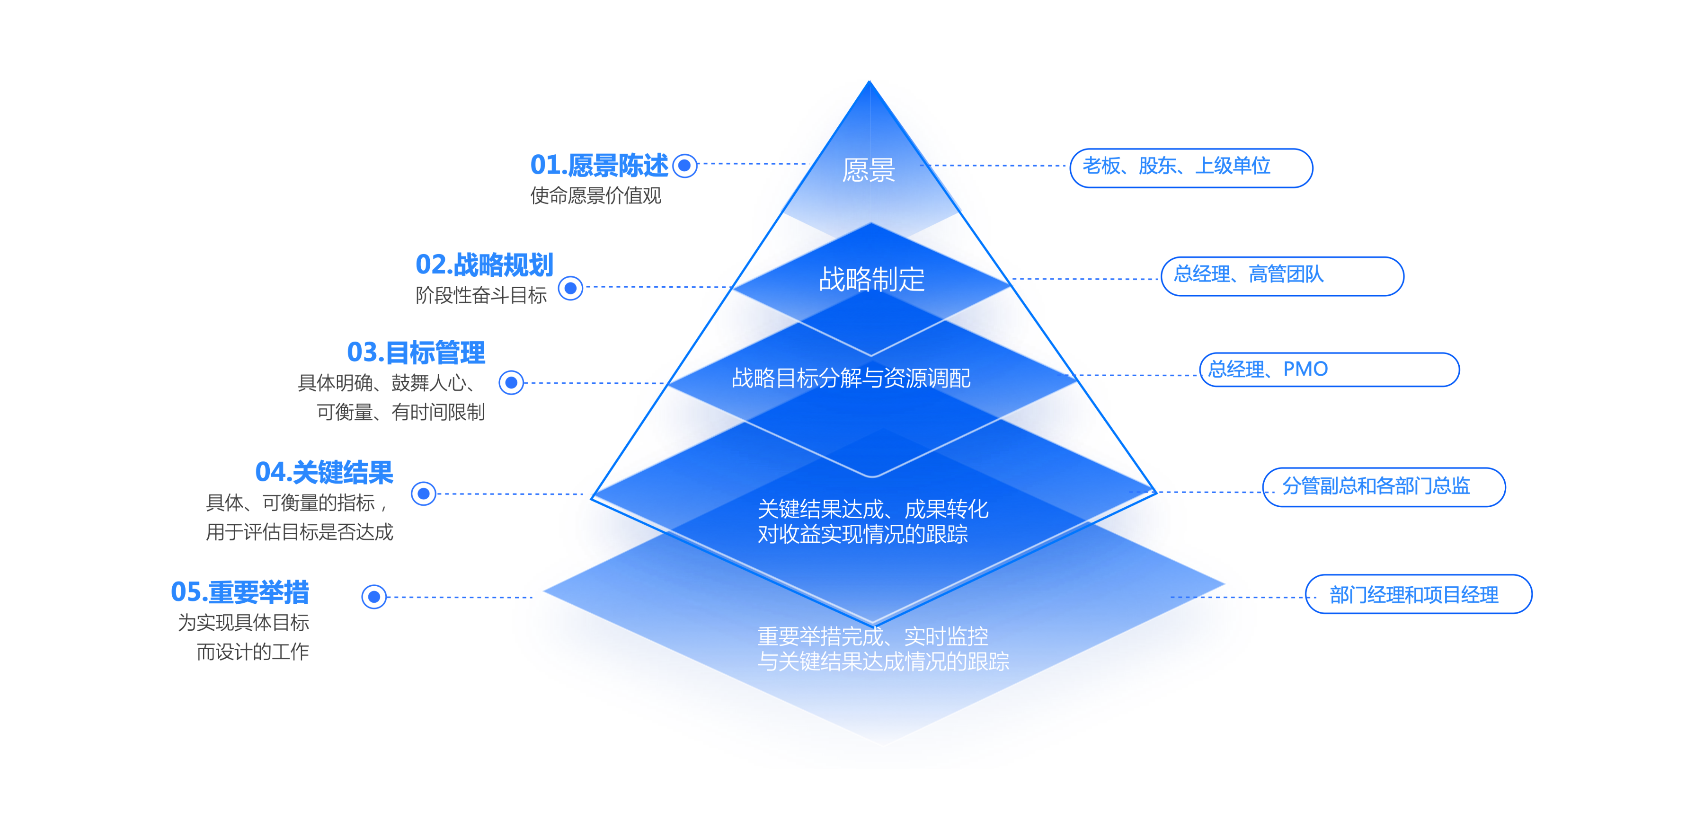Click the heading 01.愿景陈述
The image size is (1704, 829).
(599, 165)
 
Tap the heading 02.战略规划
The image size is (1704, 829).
(484, 265)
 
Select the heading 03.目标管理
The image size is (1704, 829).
(416, 353)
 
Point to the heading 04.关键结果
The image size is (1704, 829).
(324, 472)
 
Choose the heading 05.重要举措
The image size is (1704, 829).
(240, 592)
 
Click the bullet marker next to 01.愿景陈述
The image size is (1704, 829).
(684, 165)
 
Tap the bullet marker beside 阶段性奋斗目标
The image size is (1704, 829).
(570, 288)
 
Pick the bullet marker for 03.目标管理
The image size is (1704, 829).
(511, 382)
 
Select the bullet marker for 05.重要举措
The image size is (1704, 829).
(374, 597)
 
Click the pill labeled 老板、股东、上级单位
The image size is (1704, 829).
(1191, 168)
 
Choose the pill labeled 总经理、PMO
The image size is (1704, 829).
(1329, 370)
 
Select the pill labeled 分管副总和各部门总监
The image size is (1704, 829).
(1384, 487)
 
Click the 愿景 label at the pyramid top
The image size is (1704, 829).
(869, 170)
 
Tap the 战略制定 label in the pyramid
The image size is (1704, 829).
(872, 279)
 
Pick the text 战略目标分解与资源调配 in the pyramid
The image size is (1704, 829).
(852, 378)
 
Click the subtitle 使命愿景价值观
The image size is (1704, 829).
(595, 196)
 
